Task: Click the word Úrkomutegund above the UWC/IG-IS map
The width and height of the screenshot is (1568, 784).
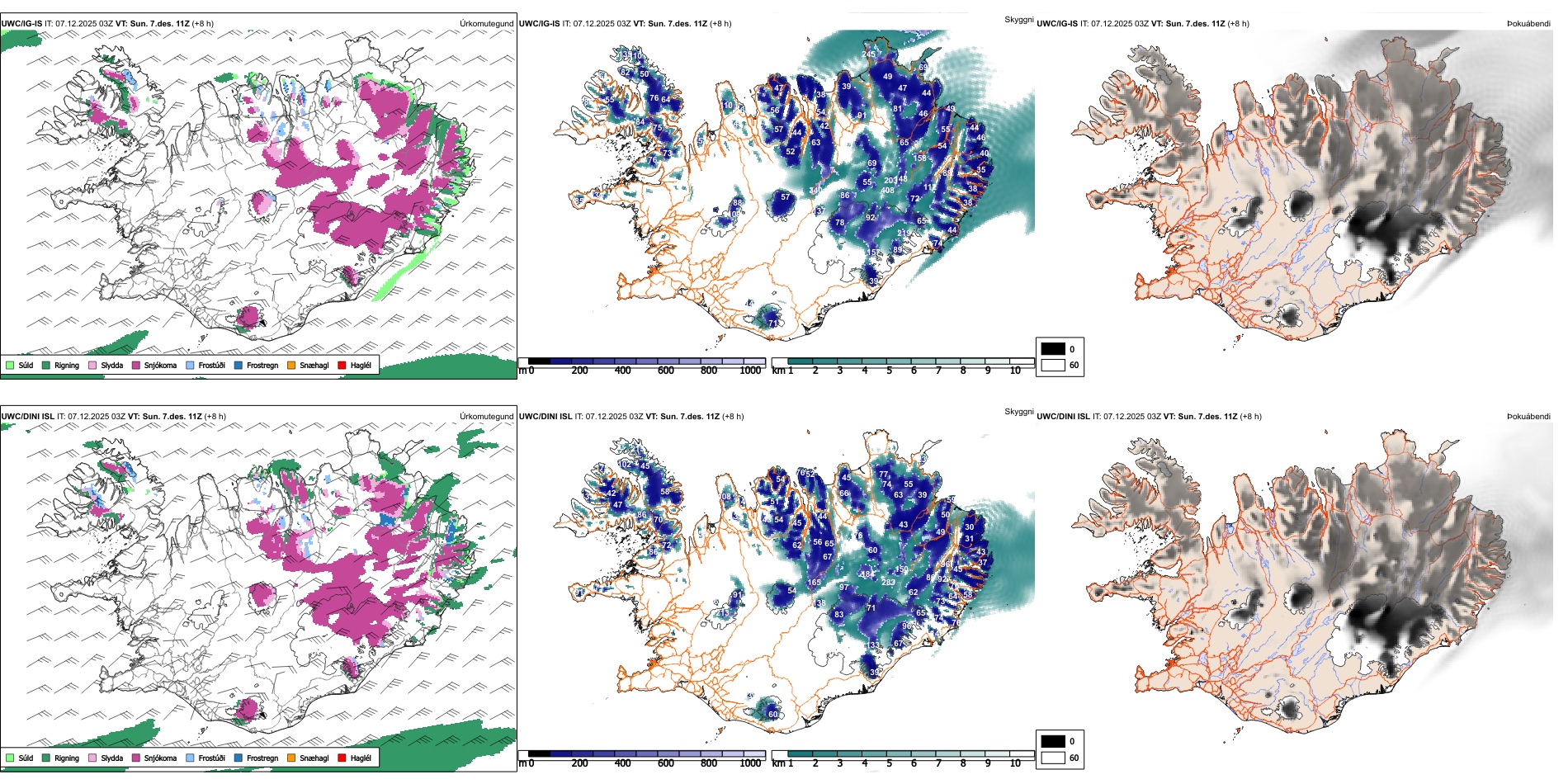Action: click(486, 23)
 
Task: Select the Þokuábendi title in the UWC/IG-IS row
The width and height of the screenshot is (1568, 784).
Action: click(1528, 23)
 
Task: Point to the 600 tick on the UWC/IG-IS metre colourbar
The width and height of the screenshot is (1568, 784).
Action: click(665, 371)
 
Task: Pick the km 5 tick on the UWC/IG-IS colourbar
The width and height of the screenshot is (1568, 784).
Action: click(889, 371)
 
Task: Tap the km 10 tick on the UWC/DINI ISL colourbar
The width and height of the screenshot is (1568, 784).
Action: click(1015, 763)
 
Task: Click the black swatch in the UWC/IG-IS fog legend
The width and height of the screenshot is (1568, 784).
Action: click(1053, 349)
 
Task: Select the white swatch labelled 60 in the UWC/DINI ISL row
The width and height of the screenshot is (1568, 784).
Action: click(1053, 758)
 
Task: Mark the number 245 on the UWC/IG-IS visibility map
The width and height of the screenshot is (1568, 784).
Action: click(869, 54)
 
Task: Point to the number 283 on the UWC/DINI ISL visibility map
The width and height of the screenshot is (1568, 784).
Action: click(888, 582)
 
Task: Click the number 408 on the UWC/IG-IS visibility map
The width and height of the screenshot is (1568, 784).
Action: click(887, 191)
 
